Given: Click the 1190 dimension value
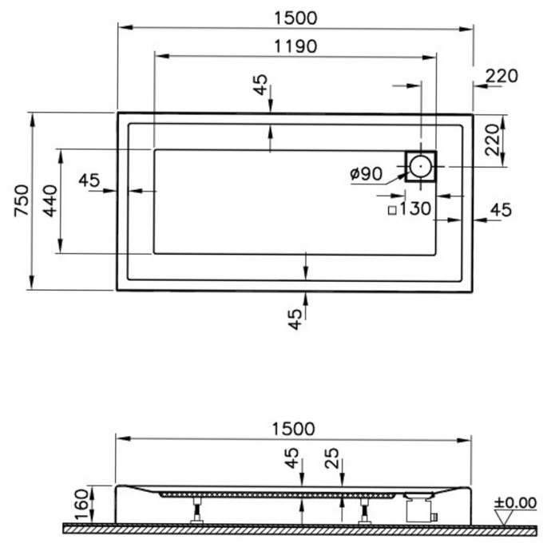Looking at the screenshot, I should [295, 46].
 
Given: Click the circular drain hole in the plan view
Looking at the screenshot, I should [420, 167].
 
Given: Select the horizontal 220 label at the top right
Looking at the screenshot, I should [502, 76].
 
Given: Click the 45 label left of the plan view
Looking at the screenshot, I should [89, 180].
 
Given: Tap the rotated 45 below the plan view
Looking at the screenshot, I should [295, 319].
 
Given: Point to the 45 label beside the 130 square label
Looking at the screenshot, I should [500, 210].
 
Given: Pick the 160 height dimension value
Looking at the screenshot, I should [80, 504].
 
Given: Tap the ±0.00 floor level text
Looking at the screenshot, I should [514, 502].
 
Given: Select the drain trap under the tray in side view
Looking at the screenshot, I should [419, 507].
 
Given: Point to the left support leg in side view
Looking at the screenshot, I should [196, 509].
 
